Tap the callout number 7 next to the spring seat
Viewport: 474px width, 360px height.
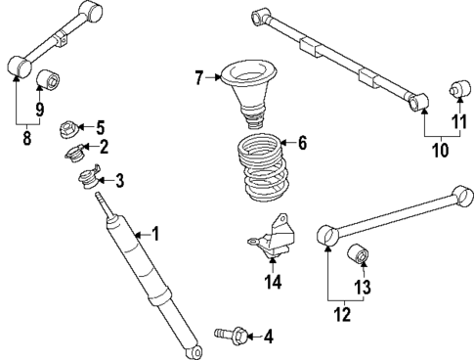(199, 77)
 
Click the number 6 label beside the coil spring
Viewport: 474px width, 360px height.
(302, 143)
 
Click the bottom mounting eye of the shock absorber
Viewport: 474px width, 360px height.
(195, 351)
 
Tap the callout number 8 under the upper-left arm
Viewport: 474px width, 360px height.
(26, 139)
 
